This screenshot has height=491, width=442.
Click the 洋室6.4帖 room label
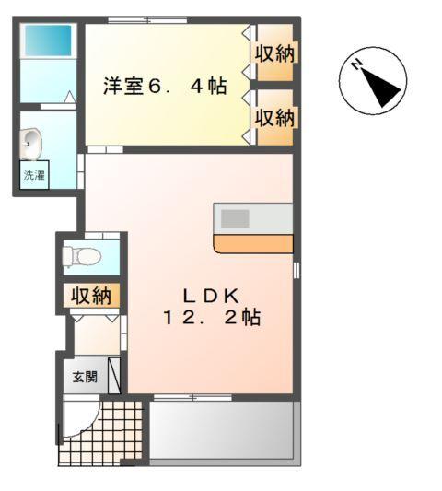[164, 87]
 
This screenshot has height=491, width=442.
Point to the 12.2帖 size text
[211, 318]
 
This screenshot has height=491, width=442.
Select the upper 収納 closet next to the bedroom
[274, 53]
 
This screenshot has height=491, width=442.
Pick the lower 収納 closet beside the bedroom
[274, 117]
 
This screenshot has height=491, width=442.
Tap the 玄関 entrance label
[85, 378]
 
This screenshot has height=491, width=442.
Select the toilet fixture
[80, 255]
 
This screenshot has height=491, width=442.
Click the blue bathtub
[47, 40]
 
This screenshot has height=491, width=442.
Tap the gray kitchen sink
[235, 218]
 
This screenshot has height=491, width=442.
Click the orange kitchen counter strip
[253, 244]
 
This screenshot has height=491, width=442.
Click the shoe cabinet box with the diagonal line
[114, 376]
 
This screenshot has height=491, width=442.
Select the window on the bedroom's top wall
[146, 20]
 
